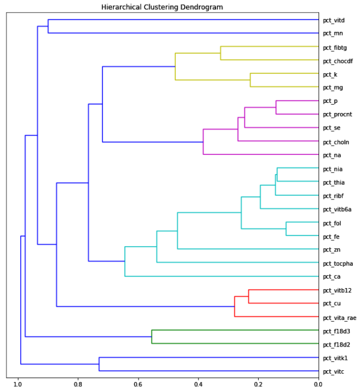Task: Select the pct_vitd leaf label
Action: tap(333, 20)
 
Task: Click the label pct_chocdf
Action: tap(336, 60)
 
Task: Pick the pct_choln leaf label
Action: tap(336, 141)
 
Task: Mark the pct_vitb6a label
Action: tap(337, 209)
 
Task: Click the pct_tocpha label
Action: tap(337, 263)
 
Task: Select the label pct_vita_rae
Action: tap(339, 317)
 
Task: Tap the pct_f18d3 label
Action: tap(335, 331)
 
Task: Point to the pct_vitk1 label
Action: tap(335, 358)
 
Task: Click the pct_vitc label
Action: tap(333, 371)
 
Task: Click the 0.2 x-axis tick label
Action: tap(258, 384)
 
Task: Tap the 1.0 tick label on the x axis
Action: tap(18, 384)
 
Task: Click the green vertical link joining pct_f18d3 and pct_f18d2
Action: tap(152, 337)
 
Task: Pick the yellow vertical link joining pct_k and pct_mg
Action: tap(250, 80)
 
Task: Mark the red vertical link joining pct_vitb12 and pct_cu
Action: tap(249, 296)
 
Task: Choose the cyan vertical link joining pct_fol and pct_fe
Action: tap(286, 229)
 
